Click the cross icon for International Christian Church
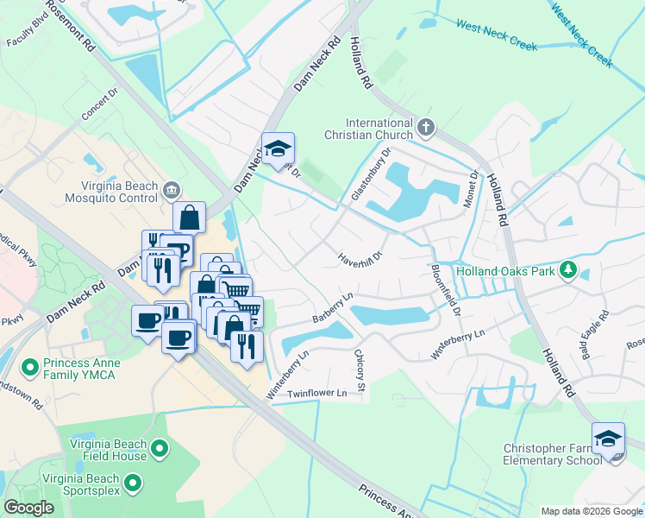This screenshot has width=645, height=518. (x=425, y=129)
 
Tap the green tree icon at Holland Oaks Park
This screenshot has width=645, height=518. (x=567, y=271)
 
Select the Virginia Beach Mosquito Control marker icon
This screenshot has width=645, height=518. (x=171, y=189)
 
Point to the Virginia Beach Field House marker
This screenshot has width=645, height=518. (x=159, y=448)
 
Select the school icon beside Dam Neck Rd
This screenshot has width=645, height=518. (x=279, y=148)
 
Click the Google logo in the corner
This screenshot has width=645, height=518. (x=28, y=507)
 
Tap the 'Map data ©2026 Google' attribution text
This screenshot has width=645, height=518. (x=592, y=511)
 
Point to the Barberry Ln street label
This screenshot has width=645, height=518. (x=334, y=308)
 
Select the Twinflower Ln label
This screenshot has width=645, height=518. (x=316, y=394)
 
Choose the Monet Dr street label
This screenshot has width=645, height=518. (x=473, y=186)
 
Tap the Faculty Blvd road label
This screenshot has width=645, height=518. (x=25, y=33)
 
